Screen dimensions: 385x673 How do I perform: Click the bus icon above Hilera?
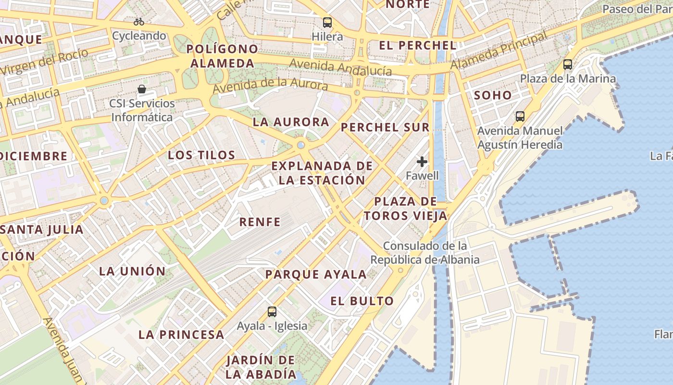[327, 22]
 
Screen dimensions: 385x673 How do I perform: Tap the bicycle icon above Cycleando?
[139, 22]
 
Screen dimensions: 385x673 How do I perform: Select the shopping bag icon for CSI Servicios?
[142, 89]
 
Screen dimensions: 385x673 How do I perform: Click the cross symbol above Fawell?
[422, 162]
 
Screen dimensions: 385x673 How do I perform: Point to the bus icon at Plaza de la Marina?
[568, 64]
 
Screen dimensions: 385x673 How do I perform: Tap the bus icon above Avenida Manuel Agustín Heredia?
[520, 116]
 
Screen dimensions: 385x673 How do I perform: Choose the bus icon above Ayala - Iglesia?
[272, 311]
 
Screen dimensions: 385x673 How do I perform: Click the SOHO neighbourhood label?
[493, 95]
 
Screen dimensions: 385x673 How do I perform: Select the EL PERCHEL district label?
[417, 46]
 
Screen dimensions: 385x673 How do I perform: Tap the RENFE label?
[260, 222]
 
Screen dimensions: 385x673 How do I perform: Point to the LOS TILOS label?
[201, 155]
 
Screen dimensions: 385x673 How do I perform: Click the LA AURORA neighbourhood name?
[291, 122]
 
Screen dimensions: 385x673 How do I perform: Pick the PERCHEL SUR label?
[385, 128]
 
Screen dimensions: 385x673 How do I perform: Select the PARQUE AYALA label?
[316, 275]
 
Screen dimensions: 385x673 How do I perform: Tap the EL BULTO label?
[362, 301]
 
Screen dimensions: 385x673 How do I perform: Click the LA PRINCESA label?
[181, 334]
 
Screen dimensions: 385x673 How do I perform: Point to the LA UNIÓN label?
[132, 271]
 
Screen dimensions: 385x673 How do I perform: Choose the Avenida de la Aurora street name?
[270, 85]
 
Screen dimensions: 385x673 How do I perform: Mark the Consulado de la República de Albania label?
[425, 253]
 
